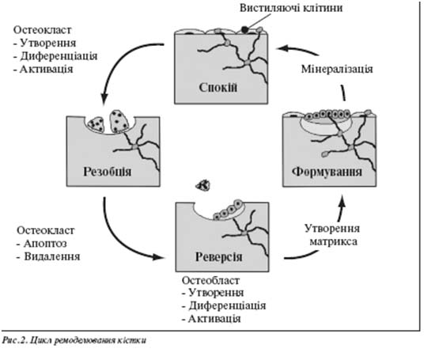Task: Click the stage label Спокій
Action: [x=218, y=87]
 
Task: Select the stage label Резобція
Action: [x=108, y=171]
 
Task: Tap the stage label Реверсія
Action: [x=218, y=256]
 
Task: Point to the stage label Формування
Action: [x=327, y=171]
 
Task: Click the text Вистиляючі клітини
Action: [x=291, y=8]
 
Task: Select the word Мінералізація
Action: [x=337, y=69]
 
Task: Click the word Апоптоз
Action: [x=45, y=244]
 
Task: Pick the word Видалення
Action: [x=52, y=256]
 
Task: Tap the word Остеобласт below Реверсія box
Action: [x=210, y=280]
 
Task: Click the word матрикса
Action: [x=333, y=241]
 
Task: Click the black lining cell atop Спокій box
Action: [x=245, y=29]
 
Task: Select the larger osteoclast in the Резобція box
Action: [x=119, y=121]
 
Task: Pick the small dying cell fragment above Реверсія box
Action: [x=203, y=185]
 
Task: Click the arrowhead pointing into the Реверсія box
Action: [x=157, y=256]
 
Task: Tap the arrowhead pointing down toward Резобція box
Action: [x=104, y=97]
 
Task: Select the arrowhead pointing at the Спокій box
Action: [x=282, y=48]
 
